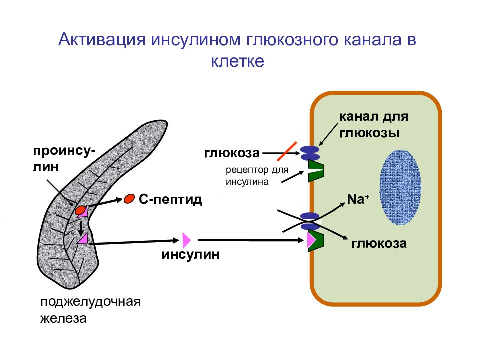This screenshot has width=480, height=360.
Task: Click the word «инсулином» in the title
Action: pos(195,40)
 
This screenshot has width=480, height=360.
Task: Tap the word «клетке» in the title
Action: pos(238,61)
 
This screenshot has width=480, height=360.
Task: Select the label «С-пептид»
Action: pos(171,199)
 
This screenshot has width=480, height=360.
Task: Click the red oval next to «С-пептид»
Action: pos(129,199)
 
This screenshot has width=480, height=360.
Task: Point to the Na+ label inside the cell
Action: pos(358,199)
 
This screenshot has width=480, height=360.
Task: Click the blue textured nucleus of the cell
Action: pos(400,187)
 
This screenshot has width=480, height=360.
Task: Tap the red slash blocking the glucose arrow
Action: pos(287,151)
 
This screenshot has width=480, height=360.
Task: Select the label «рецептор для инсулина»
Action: pos(257,175)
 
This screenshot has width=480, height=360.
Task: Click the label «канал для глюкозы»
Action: pos(374,125)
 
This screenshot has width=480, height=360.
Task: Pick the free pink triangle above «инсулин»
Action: pos(186,240)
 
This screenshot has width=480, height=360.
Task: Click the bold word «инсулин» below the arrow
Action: pos(190,254)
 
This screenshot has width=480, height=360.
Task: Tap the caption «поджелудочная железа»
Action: pos(90,310)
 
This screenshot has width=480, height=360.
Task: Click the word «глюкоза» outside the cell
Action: pos(232,153)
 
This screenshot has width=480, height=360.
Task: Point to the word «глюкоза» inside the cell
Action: pos(379,243)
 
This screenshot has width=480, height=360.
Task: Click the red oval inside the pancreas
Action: pos(80,210)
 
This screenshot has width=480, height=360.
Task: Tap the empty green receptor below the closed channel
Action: pos(316,171)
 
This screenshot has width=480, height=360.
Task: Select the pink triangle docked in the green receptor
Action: pos(311,240)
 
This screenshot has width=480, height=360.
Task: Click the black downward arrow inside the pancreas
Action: pos(81,227)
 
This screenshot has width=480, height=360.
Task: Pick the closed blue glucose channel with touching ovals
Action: pos(310,153)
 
